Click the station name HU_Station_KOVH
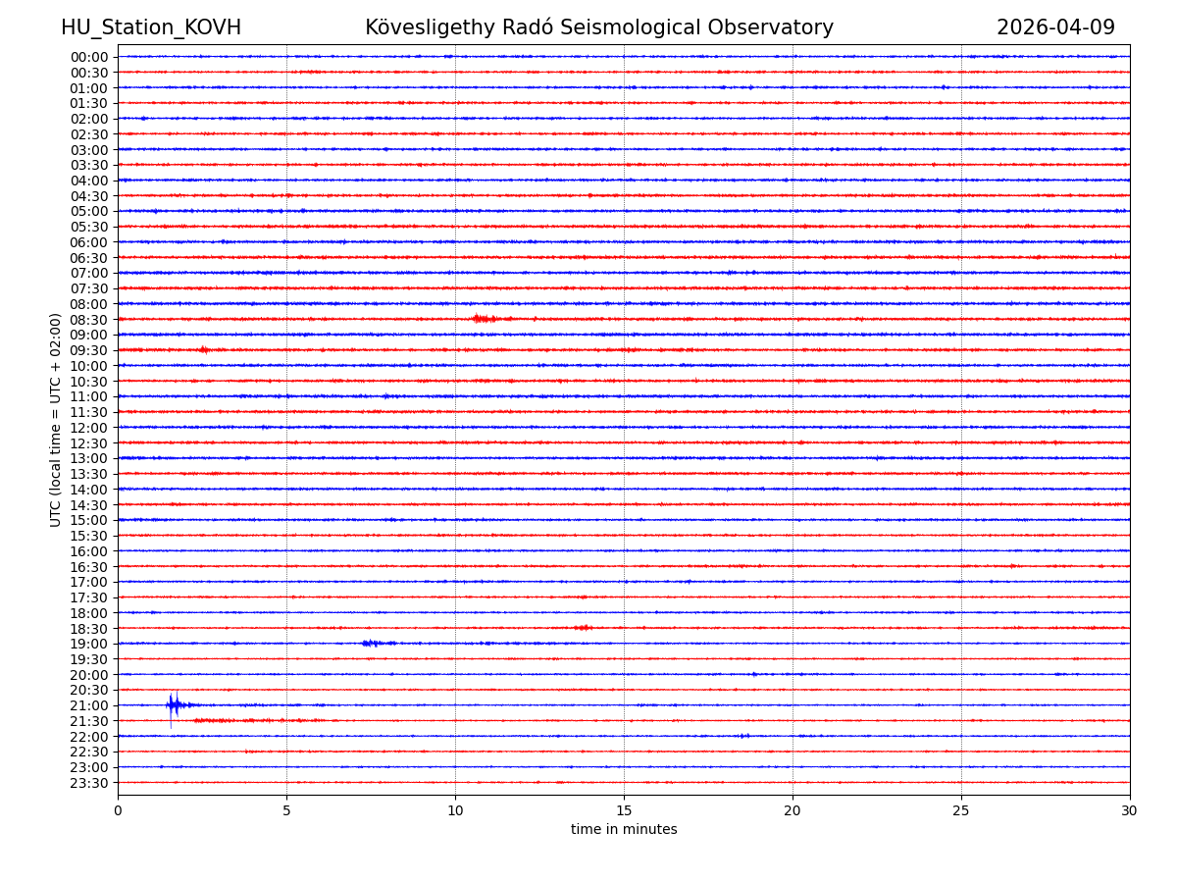151,28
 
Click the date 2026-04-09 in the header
1055,28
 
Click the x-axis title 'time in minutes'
624,830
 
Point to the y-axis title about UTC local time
57,420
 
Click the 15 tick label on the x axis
624,811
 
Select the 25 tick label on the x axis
961,811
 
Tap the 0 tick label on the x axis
118,811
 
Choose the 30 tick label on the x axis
1130,811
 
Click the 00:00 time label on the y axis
89,57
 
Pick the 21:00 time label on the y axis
89,705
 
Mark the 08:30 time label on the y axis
89,320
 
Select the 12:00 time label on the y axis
89,428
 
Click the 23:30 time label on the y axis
89,783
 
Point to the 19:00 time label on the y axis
89,644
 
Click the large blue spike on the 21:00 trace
172,705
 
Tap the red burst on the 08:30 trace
483,319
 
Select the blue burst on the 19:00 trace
372,644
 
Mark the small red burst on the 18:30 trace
584,628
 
